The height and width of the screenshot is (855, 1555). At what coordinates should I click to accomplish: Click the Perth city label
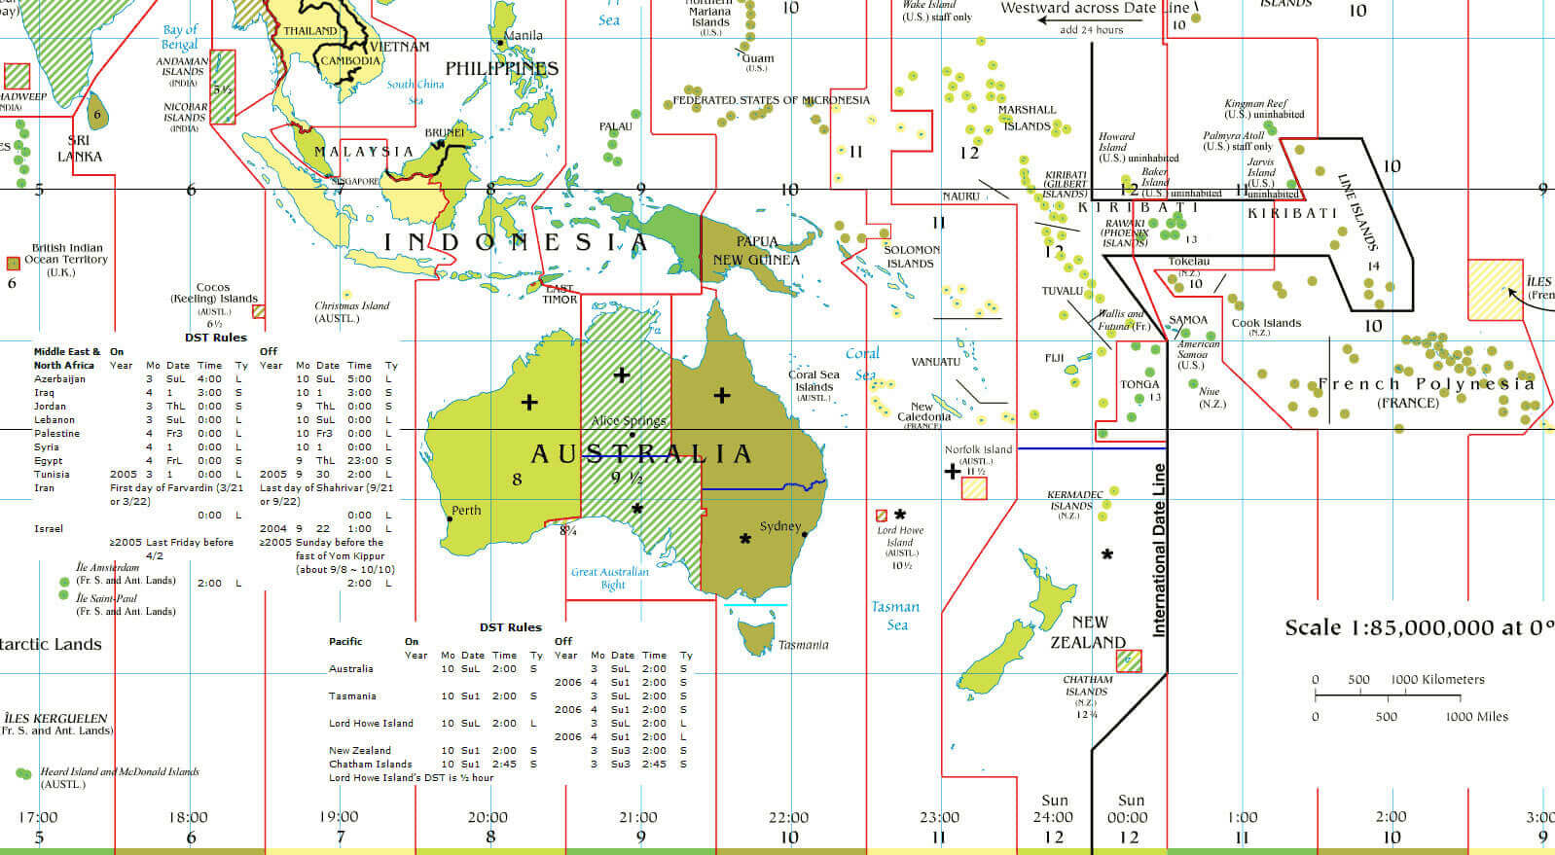coord(466,510)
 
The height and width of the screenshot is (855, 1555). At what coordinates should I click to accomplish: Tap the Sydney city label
coord(779,526)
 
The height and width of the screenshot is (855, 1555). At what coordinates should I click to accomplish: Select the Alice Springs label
coord(629,421)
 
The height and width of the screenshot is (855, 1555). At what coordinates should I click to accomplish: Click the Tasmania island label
coord(803,645)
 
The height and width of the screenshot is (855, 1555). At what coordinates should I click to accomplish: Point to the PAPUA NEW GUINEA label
coord(756,250)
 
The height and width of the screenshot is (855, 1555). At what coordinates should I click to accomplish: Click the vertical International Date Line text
coord(1159,550)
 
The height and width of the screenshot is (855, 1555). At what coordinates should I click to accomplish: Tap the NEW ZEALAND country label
coord(1088,632)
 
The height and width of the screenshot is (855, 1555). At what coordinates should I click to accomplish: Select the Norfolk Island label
coord(978,449)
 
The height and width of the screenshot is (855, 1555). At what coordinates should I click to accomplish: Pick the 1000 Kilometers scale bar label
coord(1437,679)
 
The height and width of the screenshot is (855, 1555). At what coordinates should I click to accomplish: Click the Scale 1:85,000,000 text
coord(1418,627)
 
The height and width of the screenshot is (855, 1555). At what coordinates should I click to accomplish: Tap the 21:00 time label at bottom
coord(637,817)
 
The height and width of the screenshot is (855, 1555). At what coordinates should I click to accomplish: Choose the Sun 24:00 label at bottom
coord(1054,809)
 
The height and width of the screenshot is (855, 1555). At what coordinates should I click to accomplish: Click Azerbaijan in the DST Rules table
coord(59,378)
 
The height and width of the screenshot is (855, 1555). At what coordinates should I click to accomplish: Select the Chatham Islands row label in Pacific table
coord(370,764)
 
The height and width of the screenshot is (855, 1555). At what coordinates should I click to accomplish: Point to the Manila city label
coord(524,35)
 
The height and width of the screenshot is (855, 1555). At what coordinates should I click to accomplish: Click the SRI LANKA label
coord(79,148)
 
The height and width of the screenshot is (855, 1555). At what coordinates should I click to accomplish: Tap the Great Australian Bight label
coord(610,578)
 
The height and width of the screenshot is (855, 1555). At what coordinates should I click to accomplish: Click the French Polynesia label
coord(1426,384)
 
